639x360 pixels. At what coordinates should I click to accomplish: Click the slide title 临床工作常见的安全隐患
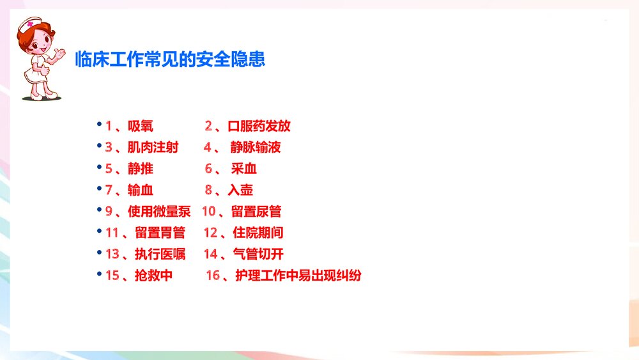tap(169, 59)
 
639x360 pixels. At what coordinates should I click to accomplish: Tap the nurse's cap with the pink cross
tap(29, 26)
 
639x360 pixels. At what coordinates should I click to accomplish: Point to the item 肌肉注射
tap(153, 148)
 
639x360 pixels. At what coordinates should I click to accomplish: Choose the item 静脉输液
tap(256, 148)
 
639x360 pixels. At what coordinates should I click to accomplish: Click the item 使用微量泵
tap(159, 212)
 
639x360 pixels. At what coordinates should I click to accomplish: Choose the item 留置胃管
tap(160, 233)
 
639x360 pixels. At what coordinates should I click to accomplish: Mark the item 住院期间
tap(258, 233)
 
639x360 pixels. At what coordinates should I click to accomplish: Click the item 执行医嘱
tap(160, 254)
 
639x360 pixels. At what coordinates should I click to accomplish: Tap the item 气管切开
tap(258, 254)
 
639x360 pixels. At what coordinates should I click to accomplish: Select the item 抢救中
tap(153, 276)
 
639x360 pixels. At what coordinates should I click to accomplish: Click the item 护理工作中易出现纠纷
tap(298, 276)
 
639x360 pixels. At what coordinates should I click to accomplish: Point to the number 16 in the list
tap(213, 276)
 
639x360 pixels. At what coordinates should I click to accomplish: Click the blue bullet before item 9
tap(99, 209)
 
